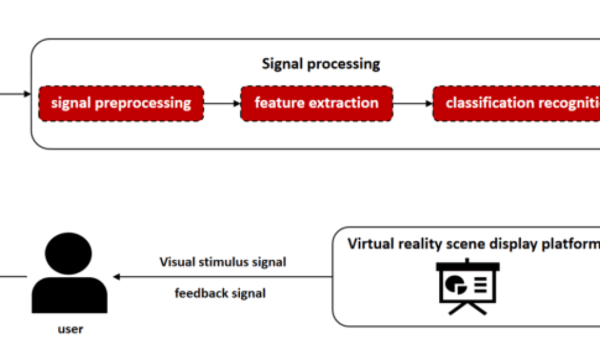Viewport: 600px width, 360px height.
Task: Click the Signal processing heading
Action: [320, 64]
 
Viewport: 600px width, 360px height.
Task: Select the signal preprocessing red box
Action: [121, 103]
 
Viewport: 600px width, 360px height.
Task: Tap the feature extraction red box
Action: [316, 103]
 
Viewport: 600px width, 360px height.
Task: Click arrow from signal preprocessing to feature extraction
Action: [222, 103]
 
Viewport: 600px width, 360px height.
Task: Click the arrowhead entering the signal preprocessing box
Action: [27, 95]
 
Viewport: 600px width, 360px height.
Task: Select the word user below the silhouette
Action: [70, 329]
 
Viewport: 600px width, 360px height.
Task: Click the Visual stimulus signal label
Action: [223, 262]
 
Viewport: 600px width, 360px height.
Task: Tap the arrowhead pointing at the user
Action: [117, 277]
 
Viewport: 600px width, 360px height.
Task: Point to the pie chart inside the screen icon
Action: [455, 283]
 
